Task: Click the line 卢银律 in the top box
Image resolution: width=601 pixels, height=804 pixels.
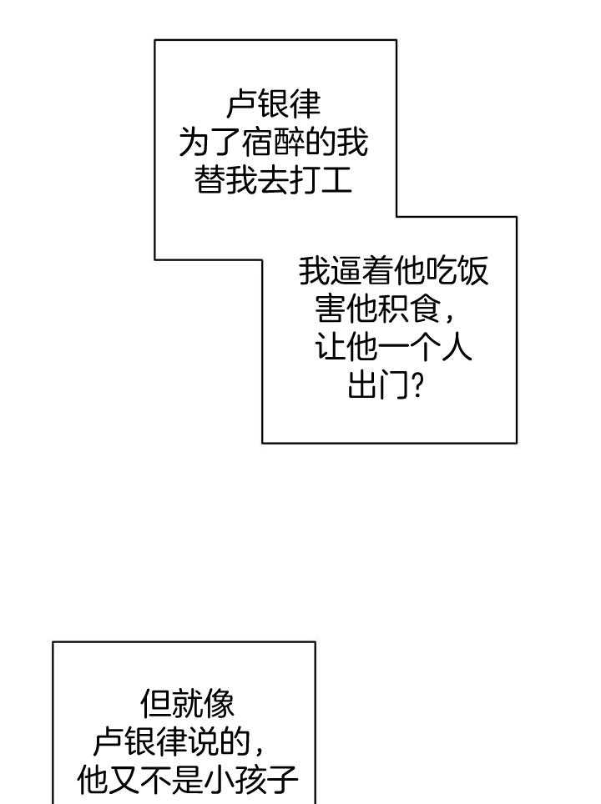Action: click(x=273, y=105)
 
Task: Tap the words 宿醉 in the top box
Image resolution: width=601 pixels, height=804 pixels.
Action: click(x=288, y=143)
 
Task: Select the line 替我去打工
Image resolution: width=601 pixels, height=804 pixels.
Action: click(x=273, y=180)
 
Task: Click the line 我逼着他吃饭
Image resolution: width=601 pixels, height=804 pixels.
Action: click(x=393, y=272)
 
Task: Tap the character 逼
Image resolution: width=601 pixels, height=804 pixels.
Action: click(x=346, y=272)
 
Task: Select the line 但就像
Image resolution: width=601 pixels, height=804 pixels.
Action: click(x=187, y=704)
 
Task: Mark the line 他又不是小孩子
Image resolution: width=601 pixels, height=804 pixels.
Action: click(x=187, y=781)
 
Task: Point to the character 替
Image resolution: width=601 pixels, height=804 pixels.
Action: click(x=210, y=180)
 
